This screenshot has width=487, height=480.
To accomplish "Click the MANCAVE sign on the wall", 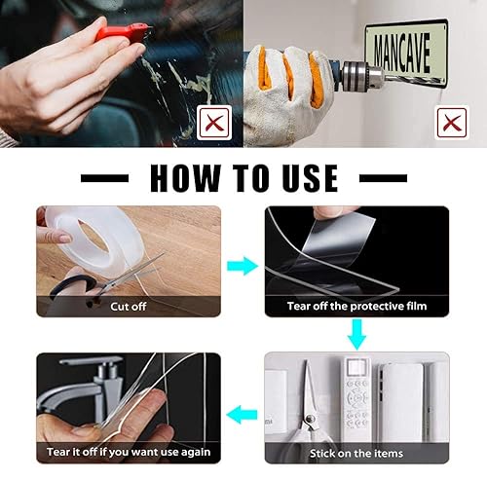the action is coord(407,51).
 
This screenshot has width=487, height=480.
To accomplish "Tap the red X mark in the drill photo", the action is coord(452,123).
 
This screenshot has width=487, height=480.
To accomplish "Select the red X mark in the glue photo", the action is coord(214,123).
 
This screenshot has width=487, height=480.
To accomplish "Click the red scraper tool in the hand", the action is coord(123,32).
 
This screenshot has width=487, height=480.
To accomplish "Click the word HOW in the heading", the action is coord(185,178).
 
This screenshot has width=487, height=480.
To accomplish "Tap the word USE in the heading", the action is coord(310,178).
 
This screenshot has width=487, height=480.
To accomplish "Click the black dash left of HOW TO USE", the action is coord(104,178).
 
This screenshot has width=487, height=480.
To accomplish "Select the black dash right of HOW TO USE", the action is coord(383,178).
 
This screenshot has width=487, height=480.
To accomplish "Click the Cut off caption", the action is coord(129,307).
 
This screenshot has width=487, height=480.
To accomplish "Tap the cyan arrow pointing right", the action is coord(243,266).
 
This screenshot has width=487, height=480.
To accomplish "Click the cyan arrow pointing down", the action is coord(357,334).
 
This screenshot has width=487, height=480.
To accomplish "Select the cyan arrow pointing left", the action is coord(242,415).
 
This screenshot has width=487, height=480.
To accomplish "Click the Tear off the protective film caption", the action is coord(356,306).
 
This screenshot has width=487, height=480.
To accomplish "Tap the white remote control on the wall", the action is coord(356,395).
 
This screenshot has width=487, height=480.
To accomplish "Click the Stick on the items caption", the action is coord(356,453).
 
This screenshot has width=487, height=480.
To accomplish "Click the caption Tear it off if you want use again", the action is coord(129,452).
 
